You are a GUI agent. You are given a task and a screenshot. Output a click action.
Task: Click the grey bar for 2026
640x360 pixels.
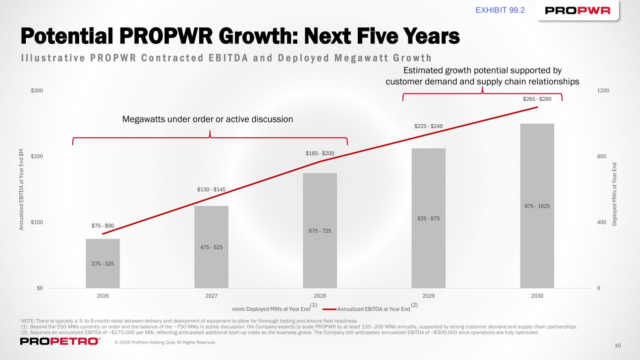tap(103, 263)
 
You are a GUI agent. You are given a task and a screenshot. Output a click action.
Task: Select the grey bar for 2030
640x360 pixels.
tap(537, 206)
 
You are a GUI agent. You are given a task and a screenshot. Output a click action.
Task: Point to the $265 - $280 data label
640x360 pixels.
tap(537, 99)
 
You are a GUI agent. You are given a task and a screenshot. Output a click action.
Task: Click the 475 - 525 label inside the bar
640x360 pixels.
tap(211, 247)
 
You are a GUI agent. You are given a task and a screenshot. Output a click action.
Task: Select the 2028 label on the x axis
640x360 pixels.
tap(320, 296)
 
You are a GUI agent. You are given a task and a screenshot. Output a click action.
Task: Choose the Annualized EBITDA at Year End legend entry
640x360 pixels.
tap(373, 309)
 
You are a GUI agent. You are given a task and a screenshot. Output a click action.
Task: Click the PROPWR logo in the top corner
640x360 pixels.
tap(578, 11)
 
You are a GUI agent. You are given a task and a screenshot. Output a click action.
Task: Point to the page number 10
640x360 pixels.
tap(617, 345)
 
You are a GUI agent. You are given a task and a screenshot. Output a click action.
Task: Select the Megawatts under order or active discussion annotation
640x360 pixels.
tap(207, 120)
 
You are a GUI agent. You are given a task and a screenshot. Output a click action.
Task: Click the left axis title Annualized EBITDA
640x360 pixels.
tap(21, 189)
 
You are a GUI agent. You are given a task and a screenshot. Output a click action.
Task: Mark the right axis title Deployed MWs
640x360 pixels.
tap(614, 193)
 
